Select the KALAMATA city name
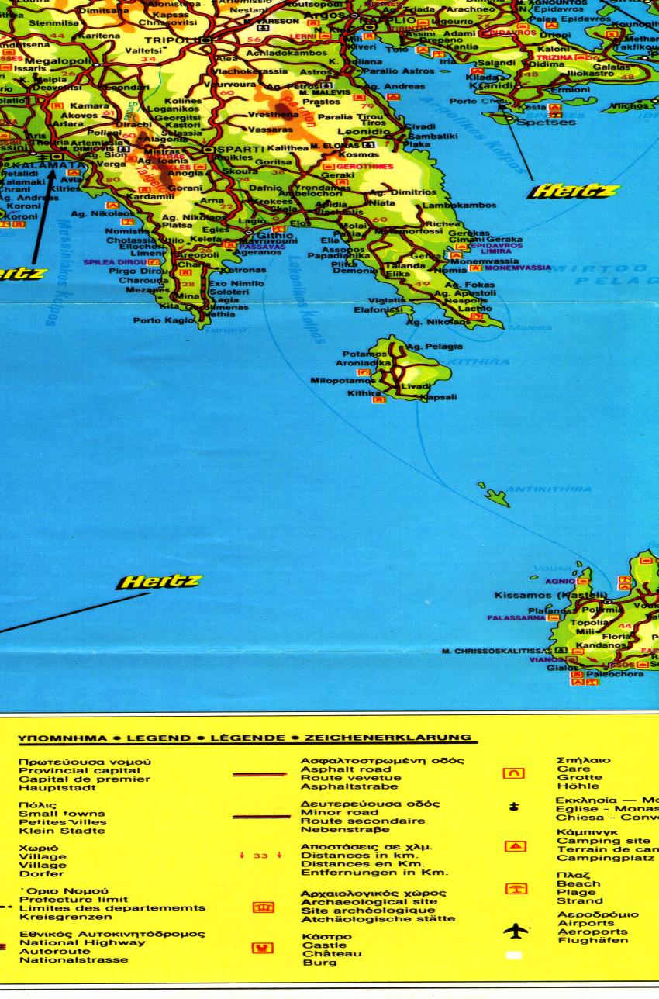pyautogui.click(x=37, y=166)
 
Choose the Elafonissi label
pyautogui.click(x=376, y=309)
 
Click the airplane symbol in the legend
pyautogui.click(x=515, y=928)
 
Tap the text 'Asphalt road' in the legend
pyautogui.click(x=340, y=769)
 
